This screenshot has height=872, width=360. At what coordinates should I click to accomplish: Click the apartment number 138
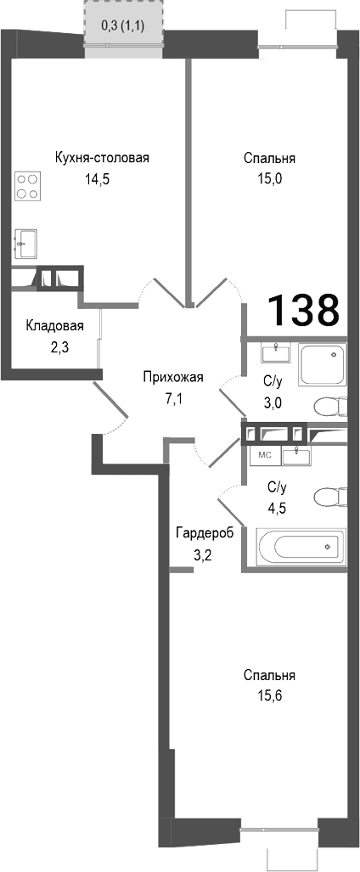[x=304, y=311]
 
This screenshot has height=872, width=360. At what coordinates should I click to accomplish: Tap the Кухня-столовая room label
[x=102, y=158]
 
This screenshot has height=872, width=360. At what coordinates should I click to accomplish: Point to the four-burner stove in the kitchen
[x=28, y=186]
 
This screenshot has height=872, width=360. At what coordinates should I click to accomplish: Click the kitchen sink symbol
[x=25, y=242]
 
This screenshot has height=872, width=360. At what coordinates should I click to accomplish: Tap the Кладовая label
[x=54, y=326]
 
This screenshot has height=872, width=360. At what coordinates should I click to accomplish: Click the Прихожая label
[x=172, y=379]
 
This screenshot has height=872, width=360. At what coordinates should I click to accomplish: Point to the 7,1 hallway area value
[x=173, y=399]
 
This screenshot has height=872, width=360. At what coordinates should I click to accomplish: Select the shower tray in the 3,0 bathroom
[x=323, y=366]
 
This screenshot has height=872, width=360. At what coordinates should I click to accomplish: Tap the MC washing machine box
[x=264, y=454]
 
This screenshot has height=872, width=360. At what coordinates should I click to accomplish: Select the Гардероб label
[x=202, y=533]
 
